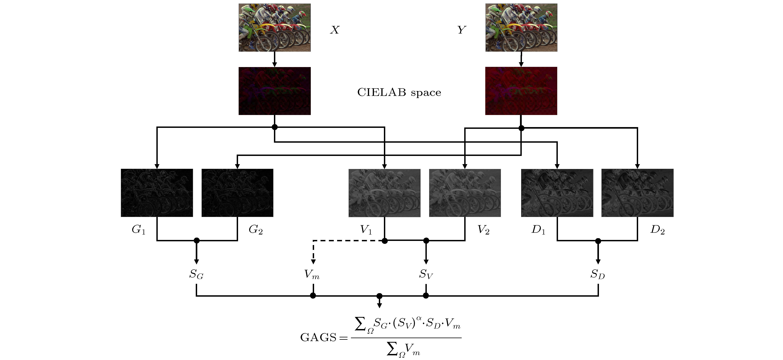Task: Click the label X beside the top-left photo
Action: click(x=335, y=30)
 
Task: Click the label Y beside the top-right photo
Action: click(x=461, y=30)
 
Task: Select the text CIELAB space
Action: click(x=399, y=92)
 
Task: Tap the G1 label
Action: click(x=139, y=230)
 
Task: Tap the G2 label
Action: click(x=256, y=230)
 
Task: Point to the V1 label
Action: click(x=366, y=230)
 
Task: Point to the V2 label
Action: click(x=483, y=230)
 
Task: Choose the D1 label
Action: click(x=538, y=230)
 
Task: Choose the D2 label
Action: click(x=657, y=230)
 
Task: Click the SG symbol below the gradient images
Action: click(x=196, y=274)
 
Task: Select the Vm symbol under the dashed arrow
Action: click(x=312, y=274)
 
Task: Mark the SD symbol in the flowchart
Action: click(x=598, y=274)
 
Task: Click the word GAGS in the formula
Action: click(x=318, y=337)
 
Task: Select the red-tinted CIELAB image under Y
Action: click(x=521, y=91)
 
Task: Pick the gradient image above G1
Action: click(x=157, y=193)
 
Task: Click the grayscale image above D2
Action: click(x=637, y=193)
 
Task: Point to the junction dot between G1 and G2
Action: click(x=197, y=241)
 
